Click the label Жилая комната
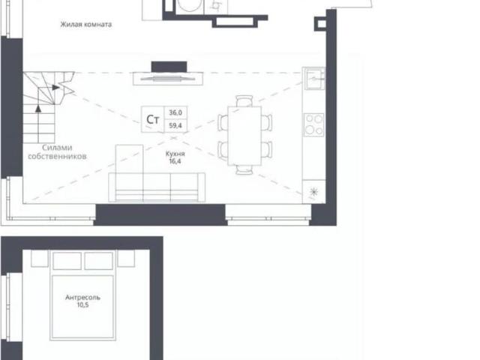pos(86,25)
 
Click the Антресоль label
pos(82,298)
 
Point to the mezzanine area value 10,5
pos(82,307)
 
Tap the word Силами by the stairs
pos(57,148)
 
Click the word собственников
pos(57,157)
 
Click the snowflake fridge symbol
pos(313,192)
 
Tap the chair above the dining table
pos(244,100)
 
